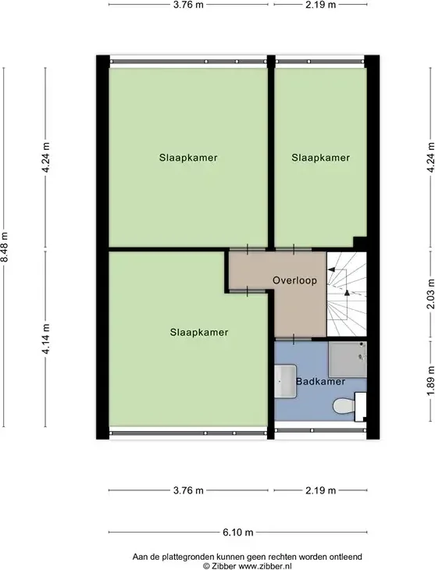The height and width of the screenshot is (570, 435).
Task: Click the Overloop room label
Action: pos(294,280)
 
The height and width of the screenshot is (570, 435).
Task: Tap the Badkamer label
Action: pos(320,381)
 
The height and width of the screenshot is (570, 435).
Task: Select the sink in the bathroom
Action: pos(285,381)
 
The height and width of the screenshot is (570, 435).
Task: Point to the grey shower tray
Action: pos(348,359)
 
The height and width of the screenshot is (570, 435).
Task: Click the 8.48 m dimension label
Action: pos(5,248)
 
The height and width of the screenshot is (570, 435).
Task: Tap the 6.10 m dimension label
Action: pos(238,533)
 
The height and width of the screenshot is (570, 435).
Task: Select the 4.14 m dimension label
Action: pos(45,339)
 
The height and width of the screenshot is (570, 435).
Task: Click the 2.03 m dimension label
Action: pos(430,294)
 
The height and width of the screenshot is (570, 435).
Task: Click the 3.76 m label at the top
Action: pos(188,5)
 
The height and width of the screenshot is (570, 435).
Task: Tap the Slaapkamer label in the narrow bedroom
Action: pos(320,158)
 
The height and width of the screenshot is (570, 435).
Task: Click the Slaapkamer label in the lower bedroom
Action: pos(199,333)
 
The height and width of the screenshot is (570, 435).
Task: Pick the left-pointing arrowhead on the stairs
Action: pos(332,269)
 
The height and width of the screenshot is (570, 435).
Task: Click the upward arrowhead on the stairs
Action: pos(347,293)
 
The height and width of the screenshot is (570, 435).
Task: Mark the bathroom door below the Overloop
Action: pos(293,339)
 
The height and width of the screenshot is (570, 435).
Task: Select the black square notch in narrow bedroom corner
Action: pos(360,243)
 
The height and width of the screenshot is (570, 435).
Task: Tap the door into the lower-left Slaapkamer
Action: pos(248,291)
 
